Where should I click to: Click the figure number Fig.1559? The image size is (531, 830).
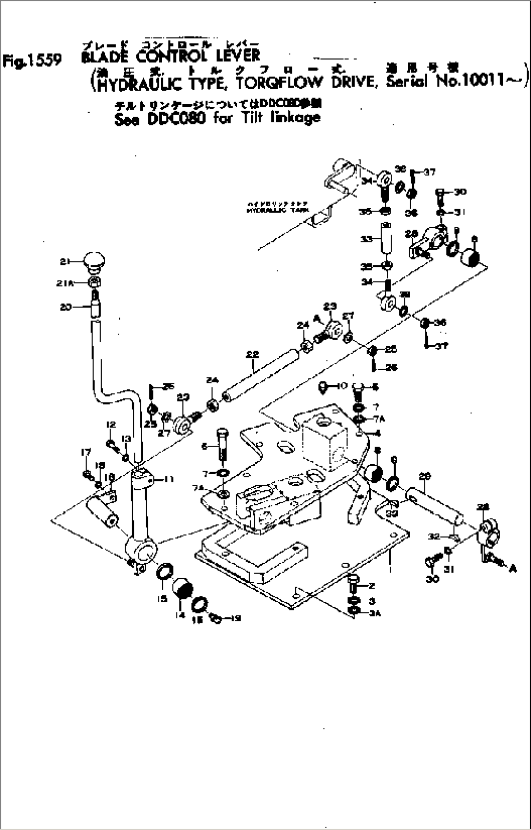32,60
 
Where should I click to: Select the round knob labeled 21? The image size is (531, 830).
94,261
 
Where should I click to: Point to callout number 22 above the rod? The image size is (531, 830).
252,355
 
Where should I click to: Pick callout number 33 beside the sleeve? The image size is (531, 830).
367,239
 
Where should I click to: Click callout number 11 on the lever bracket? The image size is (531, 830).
169,480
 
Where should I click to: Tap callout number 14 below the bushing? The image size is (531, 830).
181,615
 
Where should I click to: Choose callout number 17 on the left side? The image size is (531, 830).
86,453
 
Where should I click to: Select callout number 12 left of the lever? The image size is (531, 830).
110,425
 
